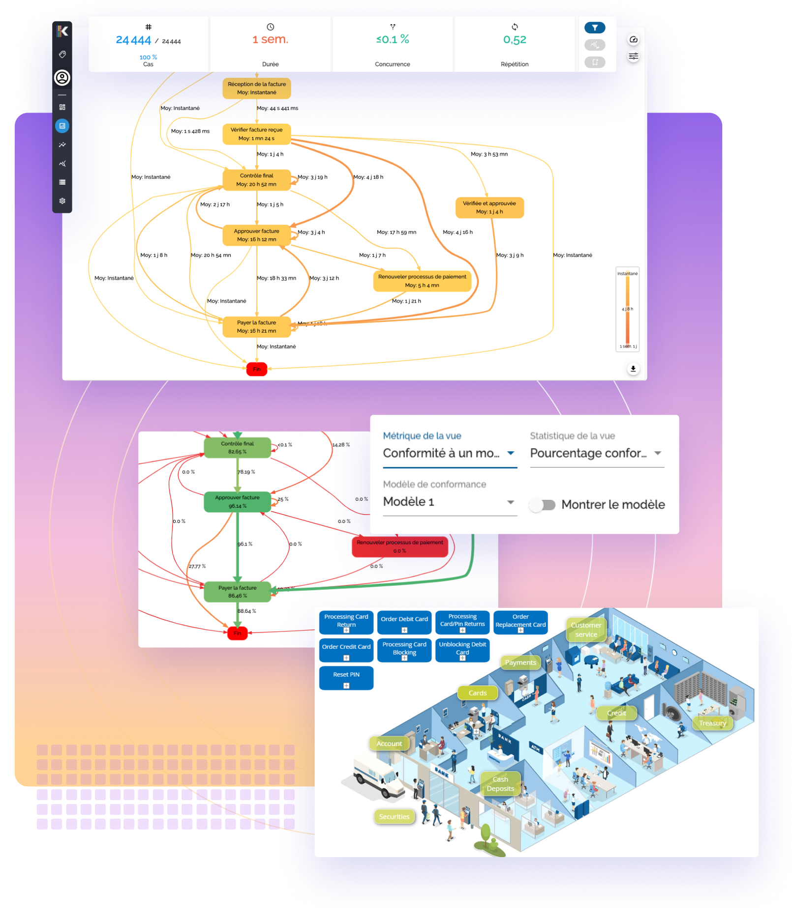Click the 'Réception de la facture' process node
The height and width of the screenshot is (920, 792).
[256, 88]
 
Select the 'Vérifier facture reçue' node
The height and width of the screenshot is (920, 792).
[256, 134]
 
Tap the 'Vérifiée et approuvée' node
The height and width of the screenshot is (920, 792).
[489, 207]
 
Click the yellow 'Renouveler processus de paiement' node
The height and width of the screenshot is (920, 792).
[422, 281]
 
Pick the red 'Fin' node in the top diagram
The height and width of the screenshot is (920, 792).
[256, 369]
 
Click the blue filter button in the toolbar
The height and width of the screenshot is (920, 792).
[594, 28]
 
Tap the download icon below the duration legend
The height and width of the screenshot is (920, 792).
[633, 369]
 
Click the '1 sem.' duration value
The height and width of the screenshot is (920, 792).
[270, 39]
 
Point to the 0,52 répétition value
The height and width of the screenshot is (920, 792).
[515, 40]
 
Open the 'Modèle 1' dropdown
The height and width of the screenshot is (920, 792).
[449, 502]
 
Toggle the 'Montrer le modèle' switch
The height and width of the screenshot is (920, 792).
[543, 505]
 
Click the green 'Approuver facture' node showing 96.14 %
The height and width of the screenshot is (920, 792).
[237, 502]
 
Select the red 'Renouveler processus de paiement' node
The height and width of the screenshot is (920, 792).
[399, 546]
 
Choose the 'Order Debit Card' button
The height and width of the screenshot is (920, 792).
[404, 622]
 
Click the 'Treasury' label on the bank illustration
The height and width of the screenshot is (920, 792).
[712, 723]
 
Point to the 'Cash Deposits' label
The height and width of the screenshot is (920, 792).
[500, 784]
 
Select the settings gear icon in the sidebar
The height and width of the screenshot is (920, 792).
[62, 201]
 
